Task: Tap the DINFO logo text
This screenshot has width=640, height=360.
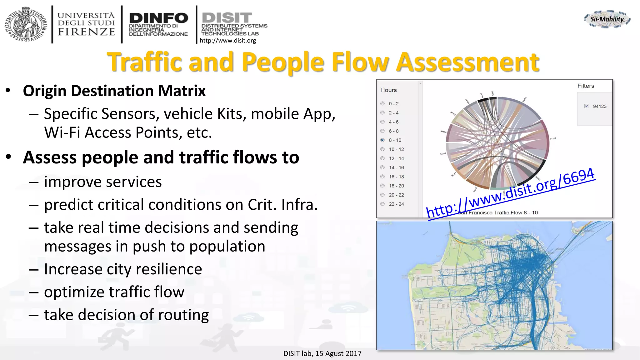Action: (158, 18)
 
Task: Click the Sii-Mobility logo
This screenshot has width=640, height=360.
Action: (607, 19)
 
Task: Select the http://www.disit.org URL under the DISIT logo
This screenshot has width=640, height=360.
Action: (227, 41)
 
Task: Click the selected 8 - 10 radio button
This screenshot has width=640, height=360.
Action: (382, 140)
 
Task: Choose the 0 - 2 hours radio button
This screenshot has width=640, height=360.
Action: (382, 103)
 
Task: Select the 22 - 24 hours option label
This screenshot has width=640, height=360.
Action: (396, 204)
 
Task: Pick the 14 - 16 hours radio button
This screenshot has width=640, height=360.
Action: (382, 167)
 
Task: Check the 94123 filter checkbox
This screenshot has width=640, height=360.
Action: (587, 106)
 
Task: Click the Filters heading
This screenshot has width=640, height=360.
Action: (586, 86)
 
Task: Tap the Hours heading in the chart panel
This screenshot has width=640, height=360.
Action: (388, 90)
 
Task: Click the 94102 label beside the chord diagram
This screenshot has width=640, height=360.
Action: (553, 138)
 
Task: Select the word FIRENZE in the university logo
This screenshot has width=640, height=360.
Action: (86, 32)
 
